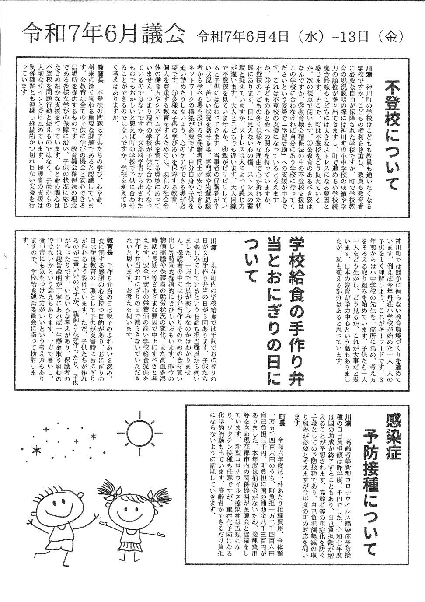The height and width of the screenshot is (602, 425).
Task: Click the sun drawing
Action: tap(138, 432)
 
